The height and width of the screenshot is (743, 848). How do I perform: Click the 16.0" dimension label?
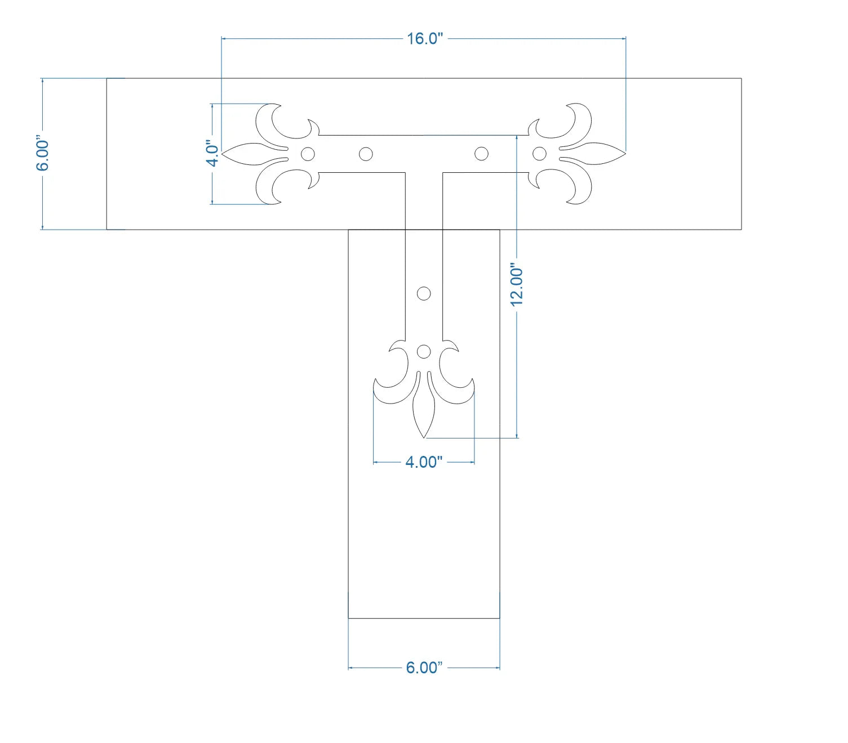click(x=424, y=38)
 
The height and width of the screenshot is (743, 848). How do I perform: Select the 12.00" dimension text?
click(x=517, y=285)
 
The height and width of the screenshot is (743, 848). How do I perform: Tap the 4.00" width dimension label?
click(x=424, y=462)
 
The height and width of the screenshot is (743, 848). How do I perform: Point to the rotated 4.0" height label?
click(x=212, y=154)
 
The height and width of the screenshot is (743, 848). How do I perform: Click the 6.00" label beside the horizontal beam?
click(x=42, y=153)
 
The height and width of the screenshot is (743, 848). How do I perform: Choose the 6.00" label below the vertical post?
click(x=424, y=668)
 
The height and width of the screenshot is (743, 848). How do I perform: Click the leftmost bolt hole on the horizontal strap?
click(x=308, y=154)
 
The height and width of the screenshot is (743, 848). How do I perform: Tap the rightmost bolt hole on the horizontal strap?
click(x=539, y=154)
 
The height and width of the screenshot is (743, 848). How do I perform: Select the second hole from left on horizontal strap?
click(x=366, y=154)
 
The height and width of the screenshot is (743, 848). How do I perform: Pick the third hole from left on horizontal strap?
click(x=481, y=154)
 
